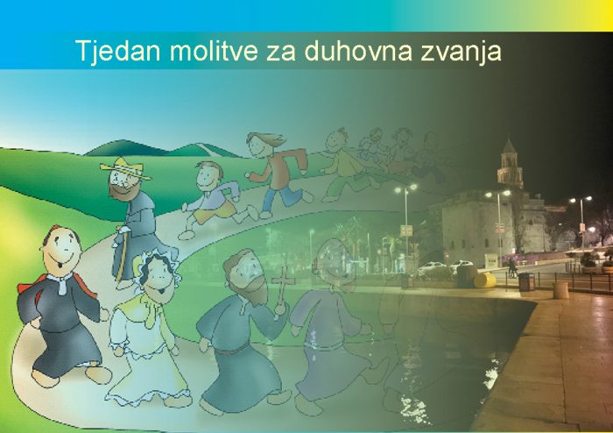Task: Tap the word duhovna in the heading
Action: [358, 51]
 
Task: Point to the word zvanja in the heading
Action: [461, 52]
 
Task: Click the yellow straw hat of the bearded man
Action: [125, 168]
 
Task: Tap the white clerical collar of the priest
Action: [61, 282]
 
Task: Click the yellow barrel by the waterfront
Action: [485, 280]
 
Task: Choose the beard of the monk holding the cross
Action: [252, 287]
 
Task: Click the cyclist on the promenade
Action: [512, 268]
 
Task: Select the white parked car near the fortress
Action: [432, 268]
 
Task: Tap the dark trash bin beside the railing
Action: [526, 281]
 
